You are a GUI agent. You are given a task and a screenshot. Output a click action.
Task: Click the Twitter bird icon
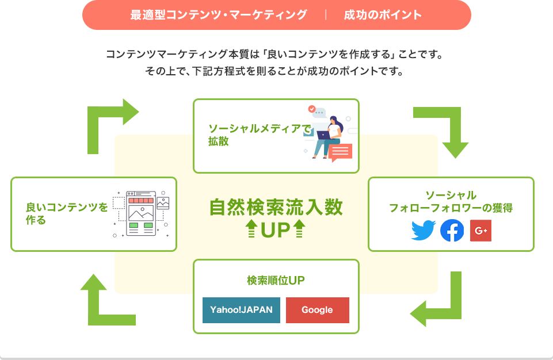[x=423, y=231]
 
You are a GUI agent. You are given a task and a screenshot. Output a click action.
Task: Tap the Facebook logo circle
[x=452, y=231]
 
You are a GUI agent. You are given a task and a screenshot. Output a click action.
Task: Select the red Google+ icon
[x=480, y=231]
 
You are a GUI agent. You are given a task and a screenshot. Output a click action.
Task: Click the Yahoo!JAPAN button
[x=241, y=310]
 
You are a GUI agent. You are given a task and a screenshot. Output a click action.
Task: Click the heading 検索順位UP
[x=276, y=280]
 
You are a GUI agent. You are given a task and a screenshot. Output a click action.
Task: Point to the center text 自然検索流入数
[x=276, y=207]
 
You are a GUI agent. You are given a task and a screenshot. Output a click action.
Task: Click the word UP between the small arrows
[x=276, y=230]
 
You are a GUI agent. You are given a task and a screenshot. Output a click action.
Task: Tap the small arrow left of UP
[x=251, y=228]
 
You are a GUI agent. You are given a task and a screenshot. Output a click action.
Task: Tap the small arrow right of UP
[x=299, y=228]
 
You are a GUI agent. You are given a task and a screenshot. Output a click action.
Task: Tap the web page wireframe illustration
[x=141, y=213]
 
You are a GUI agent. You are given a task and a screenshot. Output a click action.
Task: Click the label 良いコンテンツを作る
[x=66, y=213]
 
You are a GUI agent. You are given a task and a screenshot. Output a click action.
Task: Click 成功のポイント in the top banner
[x=383, y=15]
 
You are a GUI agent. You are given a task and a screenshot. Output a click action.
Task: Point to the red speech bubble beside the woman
[x=340, y=152]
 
